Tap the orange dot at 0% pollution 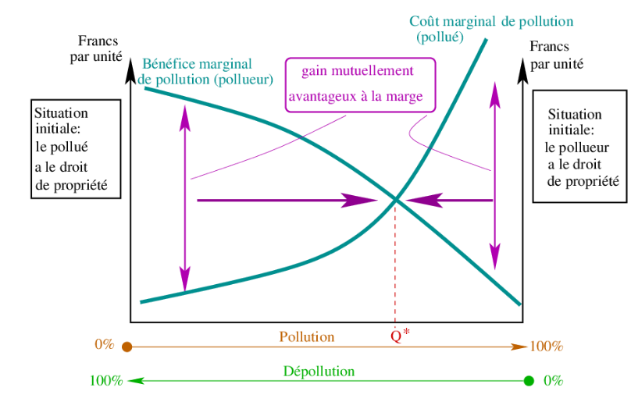click(127, 347)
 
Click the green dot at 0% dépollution click(529, 381)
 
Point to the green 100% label click(106, 381)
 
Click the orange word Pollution click(306, 337)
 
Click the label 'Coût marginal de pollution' click(491, 22)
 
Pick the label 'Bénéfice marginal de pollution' click(207, 71)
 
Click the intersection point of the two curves click(395, 201)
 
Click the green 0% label click(553, 381)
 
